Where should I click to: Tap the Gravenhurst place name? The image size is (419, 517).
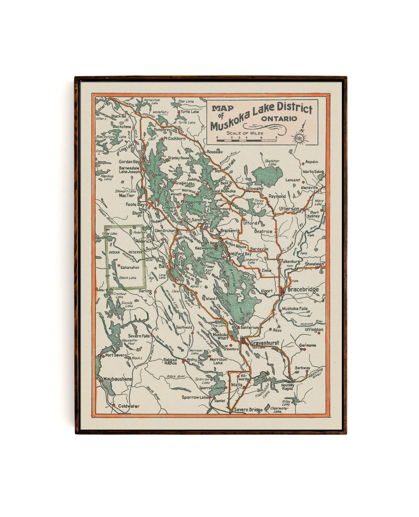[x=265, y=343]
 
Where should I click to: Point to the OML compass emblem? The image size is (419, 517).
[x=299, y=138]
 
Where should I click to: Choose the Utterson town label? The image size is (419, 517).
[x=289, y=209]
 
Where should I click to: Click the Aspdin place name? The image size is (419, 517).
[x=312, y=162]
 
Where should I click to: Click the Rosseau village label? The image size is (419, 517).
[x=214, y=152]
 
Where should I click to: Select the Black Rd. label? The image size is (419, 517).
[x=118, y=116]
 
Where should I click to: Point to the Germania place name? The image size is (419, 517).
[x=307, y=345]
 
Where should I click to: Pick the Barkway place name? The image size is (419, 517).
[x=302, y=368]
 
